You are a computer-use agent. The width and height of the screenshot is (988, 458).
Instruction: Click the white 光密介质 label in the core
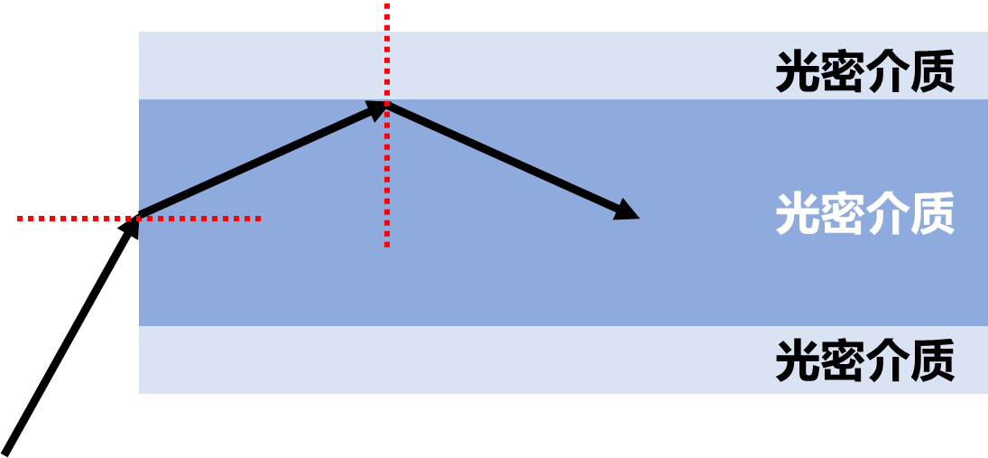865,214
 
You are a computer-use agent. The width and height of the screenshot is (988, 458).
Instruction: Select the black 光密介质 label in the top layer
865,71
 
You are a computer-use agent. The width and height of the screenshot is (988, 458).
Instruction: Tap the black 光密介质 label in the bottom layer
865,360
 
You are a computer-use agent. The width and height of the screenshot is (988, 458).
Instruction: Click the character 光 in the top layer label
797,71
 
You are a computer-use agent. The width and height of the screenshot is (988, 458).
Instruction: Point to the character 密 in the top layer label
843,71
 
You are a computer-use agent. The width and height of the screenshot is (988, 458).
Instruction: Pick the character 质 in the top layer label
934,71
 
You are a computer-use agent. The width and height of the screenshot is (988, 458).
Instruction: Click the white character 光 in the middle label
797,214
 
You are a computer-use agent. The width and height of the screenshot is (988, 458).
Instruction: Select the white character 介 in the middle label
888,214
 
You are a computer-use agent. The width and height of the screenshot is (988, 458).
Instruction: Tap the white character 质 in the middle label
934,214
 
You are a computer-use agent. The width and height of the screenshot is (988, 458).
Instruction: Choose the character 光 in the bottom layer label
797,360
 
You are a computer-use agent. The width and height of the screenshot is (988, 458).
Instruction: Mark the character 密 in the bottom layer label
843,360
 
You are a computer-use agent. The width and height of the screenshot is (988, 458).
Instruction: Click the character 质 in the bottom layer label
934,360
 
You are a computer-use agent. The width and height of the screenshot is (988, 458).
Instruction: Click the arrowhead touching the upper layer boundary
376,110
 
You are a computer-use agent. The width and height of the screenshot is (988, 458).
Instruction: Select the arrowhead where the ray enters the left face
131,227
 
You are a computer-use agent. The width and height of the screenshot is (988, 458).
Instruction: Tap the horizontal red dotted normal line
139,219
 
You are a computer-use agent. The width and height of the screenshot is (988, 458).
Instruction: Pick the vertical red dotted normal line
387,125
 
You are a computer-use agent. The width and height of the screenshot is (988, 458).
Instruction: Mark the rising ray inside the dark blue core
263,160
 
